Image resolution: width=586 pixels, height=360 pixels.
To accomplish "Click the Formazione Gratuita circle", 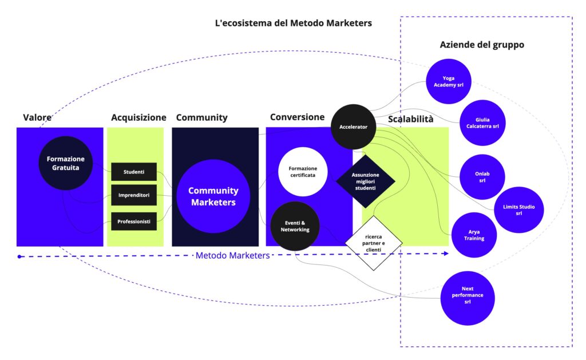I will pyautogui.click(x=65, y=163).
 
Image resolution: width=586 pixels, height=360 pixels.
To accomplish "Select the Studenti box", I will pyautogui.click(x=133, y=172).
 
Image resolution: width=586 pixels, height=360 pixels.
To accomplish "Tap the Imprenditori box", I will pyautogui.click(x=133, y=195).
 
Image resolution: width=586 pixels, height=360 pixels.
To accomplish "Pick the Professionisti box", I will pyautogui.click(x=133, y=221).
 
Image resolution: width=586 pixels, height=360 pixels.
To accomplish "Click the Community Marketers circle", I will pyautogui.click(x=213, y=196).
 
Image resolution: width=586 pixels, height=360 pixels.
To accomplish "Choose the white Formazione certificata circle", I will pyautogui.click(x=303, y=172).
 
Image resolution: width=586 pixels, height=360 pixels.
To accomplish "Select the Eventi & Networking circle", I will pyautogui.click(x=295, y=226).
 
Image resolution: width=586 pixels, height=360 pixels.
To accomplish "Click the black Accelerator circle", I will pyautogui.click(x=354, y=126).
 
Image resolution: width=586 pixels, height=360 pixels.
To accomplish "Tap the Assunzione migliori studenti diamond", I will pyautogui.click(x=365, y=181).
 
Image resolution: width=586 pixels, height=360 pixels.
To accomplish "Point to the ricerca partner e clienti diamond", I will pyautogui.click(x=373, y=243).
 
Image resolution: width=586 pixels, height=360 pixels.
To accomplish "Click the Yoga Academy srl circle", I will pyautogui.click(x=449, y=81).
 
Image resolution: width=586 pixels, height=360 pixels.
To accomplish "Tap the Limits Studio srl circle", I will pyautogui.click(x=518, y=210).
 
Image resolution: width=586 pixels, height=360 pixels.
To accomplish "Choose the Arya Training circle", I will pyautogui.click(x=474, y=235).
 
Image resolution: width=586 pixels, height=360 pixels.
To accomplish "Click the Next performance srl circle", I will pyautogui.click(x=468, y=298).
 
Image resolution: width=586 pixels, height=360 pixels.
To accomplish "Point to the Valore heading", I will pyautogui.click(x=37, y=117).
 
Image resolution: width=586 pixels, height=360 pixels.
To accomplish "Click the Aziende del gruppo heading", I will pyautogui.click(x=481, y=45).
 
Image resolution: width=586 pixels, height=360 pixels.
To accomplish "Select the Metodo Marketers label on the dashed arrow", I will pyautogui.click(x=232, y=255).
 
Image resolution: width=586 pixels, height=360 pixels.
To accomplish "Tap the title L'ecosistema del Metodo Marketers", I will pyautogui.click(x=293, y=23).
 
